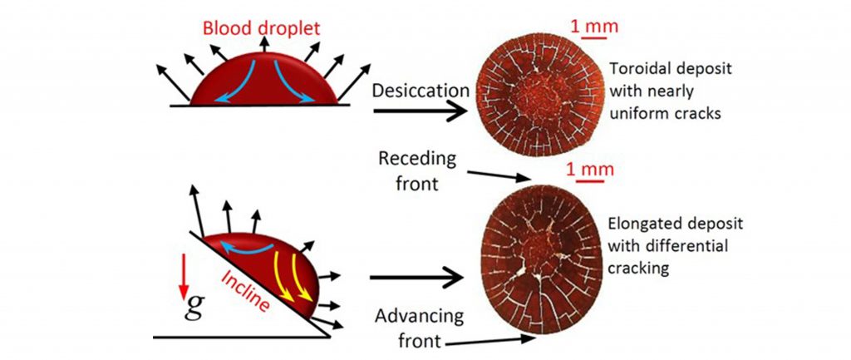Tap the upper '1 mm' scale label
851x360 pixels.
point(589,25)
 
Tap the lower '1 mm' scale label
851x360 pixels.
point(589,170)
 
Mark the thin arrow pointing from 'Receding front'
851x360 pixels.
point(498,174)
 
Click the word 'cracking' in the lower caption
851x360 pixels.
point(637,268)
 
